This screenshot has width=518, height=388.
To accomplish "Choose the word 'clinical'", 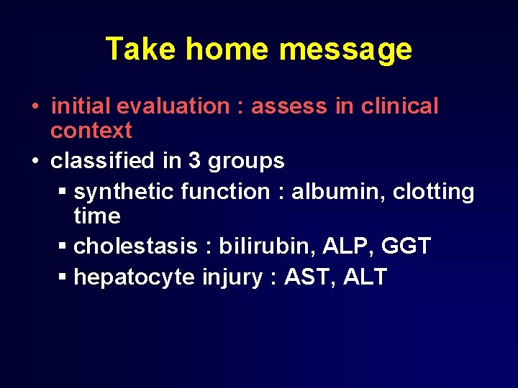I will click(x=399, y=106).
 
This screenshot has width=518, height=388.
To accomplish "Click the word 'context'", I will click(x=91, y=131).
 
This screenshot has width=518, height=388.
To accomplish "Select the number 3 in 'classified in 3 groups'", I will click(x=194, y=161).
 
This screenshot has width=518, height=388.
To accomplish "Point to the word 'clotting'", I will click(x=433, y=193).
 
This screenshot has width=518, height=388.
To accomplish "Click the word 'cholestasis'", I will click(x=135, y=246).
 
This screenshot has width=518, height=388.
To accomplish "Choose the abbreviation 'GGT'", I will click(x=406, y=246).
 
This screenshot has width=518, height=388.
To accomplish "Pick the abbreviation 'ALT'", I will click(x=365, y=277).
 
